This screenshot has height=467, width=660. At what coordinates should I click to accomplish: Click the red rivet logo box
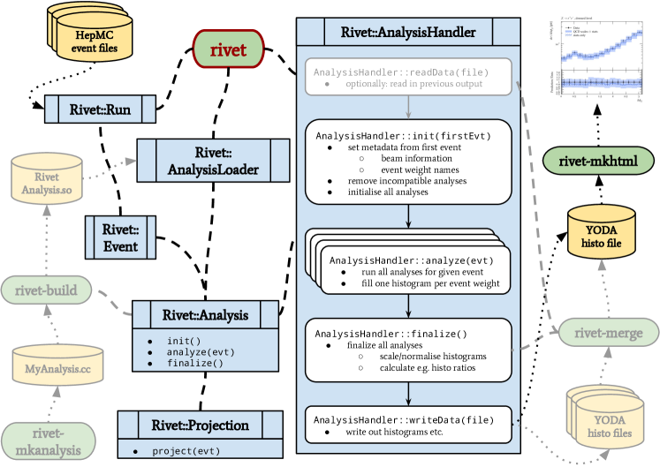[228, 51]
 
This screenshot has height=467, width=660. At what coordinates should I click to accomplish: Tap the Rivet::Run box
[100, 109]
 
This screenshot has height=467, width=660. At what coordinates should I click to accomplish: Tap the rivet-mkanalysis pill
[46, 439]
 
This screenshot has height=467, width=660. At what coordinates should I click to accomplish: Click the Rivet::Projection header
[202, 426]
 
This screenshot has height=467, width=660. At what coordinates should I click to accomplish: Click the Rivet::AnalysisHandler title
[408, 34]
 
